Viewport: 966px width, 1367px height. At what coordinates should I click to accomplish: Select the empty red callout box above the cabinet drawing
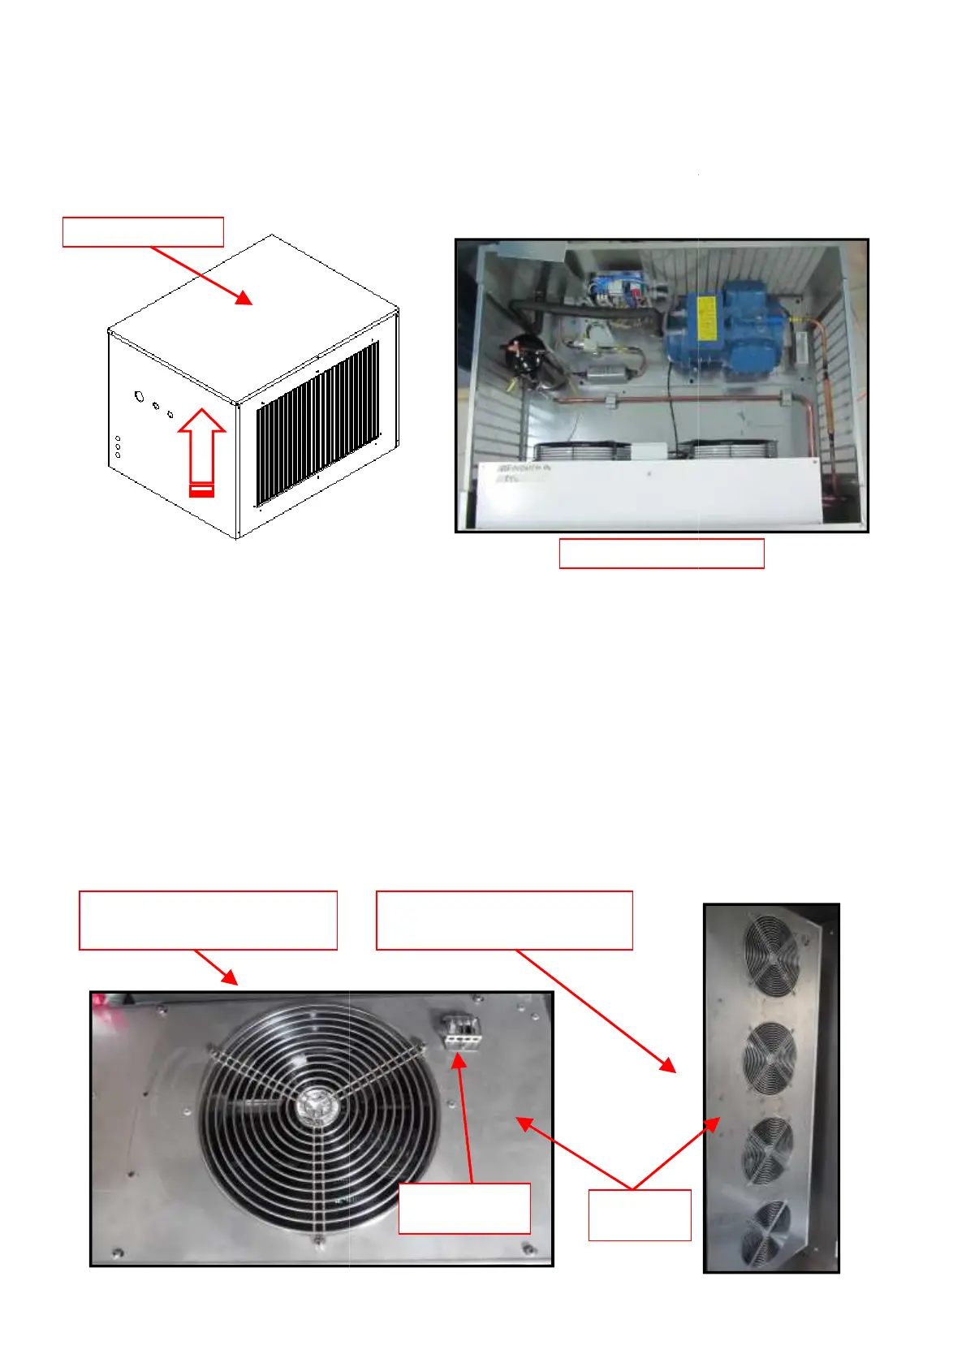(143, 231)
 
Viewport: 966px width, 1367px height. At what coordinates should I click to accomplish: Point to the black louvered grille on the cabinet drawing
(317, 422)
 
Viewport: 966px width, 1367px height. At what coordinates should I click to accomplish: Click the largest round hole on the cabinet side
(139, 397)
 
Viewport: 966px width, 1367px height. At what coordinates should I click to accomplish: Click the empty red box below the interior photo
(662, 554)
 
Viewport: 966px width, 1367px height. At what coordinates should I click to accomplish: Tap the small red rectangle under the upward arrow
(201, 489)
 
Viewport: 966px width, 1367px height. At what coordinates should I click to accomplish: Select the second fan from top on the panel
(770, 1058)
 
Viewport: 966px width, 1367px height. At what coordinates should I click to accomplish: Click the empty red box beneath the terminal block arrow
(464, 1208)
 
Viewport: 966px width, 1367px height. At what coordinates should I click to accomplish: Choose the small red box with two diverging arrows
(640, 1215)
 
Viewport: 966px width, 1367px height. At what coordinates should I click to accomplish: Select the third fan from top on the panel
(768, 1149)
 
